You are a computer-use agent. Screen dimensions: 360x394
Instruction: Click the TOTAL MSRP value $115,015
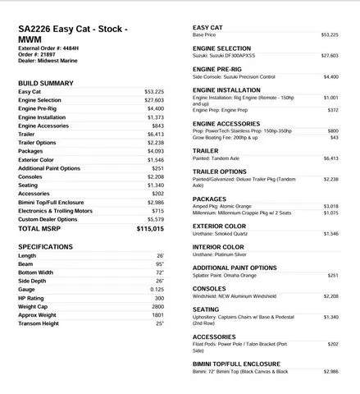pos(150,230)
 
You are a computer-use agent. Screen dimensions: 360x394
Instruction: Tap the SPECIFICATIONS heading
pos(46,246)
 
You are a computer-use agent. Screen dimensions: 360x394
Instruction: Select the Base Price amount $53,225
pos(329,35)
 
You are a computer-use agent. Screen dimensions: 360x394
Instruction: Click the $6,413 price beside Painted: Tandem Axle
pos(330,158)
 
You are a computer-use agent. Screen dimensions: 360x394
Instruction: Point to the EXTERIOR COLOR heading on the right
pos(219,226)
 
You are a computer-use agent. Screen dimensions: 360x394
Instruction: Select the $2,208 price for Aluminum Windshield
pos(330,295)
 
